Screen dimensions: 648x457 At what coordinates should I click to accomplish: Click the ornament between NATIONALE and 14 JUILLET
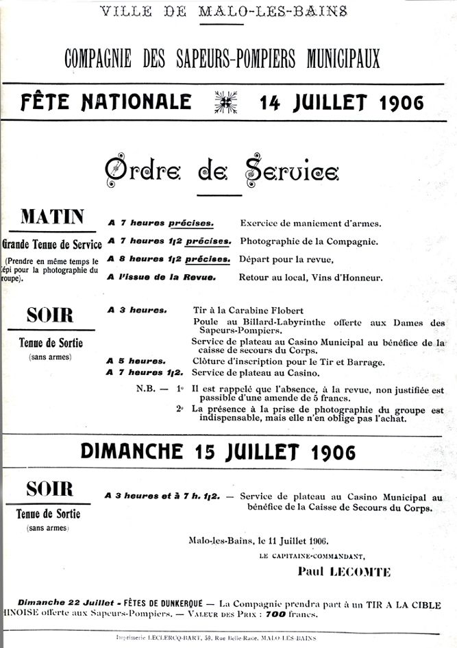(225, 102)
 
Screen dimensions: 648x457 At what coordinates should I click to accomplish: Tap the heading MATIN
(52, 217)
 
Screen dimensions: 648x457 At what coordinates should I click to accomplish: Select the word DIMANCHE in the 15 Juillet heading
(130, 451)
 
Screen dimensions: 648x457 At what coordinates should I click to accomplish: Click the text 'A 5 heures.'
(136, 361)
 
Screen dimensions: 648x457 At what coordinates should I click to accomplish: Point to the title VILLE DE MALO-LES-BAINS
(224, 11)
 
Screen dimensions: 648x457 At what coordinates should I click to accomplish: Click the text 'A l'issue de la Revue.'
(162, 277)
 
